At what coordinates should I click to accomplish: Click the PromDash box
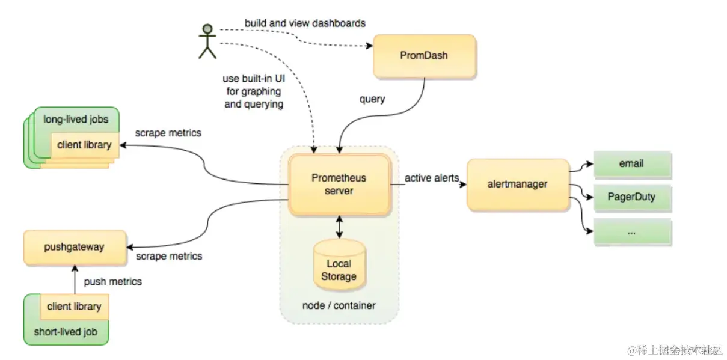425,56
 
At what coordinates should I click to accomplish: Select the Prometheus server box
339,185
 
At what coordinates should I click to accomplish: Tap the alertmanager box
518,184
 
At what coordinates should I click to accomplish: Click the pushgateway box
75,247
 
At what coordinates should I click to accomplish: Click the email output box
631,164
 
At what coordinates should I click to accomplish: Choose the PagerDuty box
631,197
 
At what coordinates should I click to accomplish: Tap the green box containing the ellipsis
631,231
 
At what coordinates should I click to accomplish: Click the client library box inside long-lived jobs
84,145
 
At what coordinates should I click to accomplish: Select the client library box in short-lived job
74,307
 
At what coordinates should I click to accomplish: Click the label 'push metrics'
113,281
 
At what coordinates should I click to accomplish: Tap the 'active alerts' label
432,178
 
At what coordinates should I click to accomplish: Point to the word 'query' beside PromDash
372,99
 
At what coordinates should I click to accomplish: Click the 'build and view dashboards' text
305,23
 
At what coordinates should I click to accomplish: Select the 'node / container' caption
339,305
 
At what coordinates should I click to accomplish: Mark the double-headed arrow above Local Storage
339,227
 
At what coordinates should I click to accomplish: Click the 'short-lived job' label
66,331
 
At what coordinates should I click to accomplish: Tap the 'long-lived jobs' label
76,119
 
